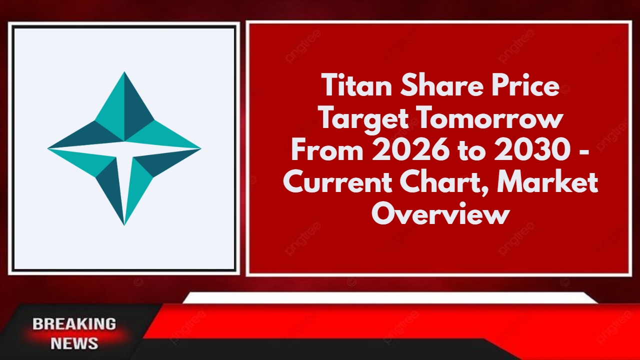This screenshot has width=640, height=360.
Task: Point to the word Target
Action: coord(364,118)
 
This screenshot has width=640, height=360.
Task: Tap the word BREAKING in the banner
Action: coord(74,323)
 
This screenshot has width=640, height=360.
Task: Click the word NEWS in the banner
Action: coord(74,343)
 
